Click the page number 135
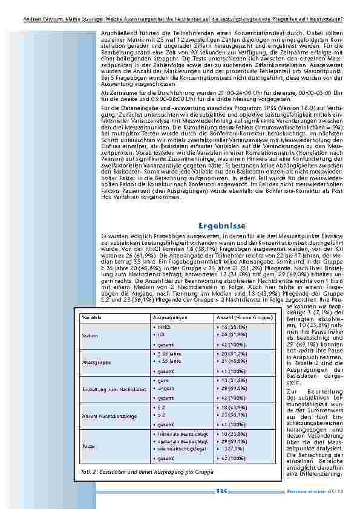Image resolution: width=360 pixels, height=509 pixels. (221, 491)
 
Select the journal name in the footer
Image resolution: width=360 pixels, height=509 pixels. (314, 491)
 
